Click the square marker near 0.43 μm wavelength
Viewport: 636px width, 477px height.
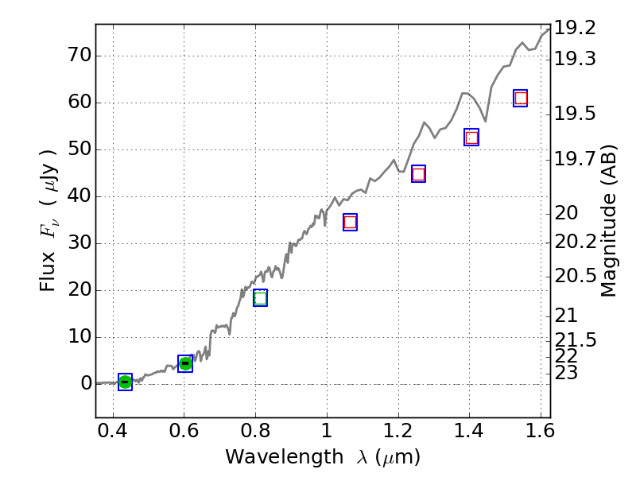125,382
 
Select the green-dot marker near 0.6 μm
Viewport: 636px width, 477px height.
185,364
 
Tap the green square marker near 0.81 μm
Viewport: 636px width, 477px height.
260,298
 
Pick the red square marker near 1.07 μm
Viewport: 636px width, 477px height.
350,222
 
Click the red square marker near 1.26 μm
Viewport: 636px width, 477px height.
418,174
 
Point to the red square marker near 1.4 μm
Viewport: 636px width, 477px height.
471,138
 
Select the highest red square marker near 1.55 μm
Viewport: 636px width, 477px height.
521,99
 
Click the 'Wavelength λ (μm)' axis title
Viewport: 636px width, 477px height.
322,457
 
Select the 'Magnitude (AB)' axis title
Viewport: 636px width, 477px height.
609,221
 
